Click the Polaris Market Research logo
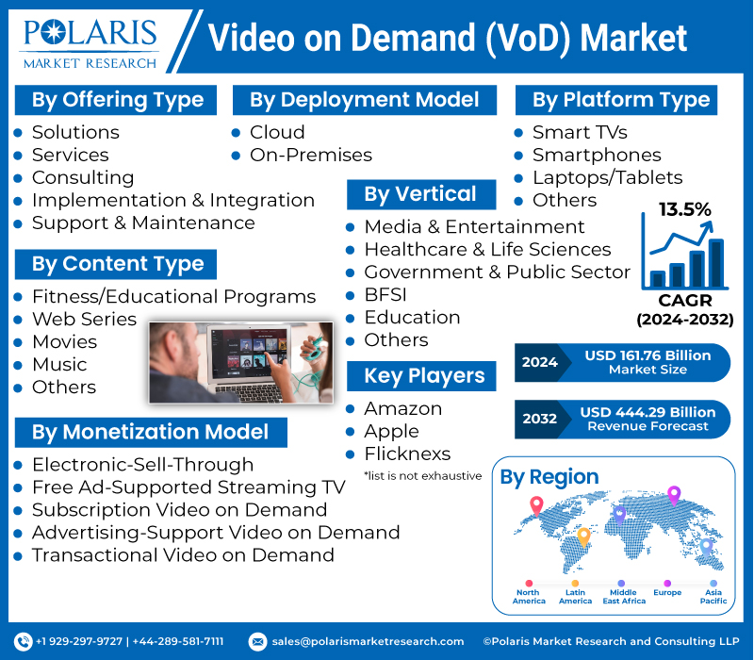click(91, 41)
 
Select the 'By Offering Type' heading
click(117, 100)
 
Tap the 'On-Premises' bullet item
click(310, 155)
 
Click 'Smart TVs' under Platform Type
click(579, 132)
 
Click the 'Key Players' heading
click(424, 375)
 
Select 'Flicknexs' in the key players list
click(407, 454)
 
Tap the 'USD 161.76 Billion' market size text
click(647, 355)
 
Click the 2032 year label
click(539, 419)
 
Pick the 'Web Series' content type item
click(84, 319)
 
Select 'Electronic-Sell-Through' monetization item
click(142, 464)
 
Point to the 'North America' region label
click(529, 597)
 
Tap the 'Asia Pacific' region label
click(713, 597)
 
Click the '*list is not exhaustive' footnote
click(422, 475)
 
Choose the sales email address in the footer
click(368, 641)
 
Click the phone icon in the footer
click(25, 641)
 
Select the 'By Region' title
click(549, 477)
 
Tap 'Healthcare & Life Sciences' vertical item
click(487, 250)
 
